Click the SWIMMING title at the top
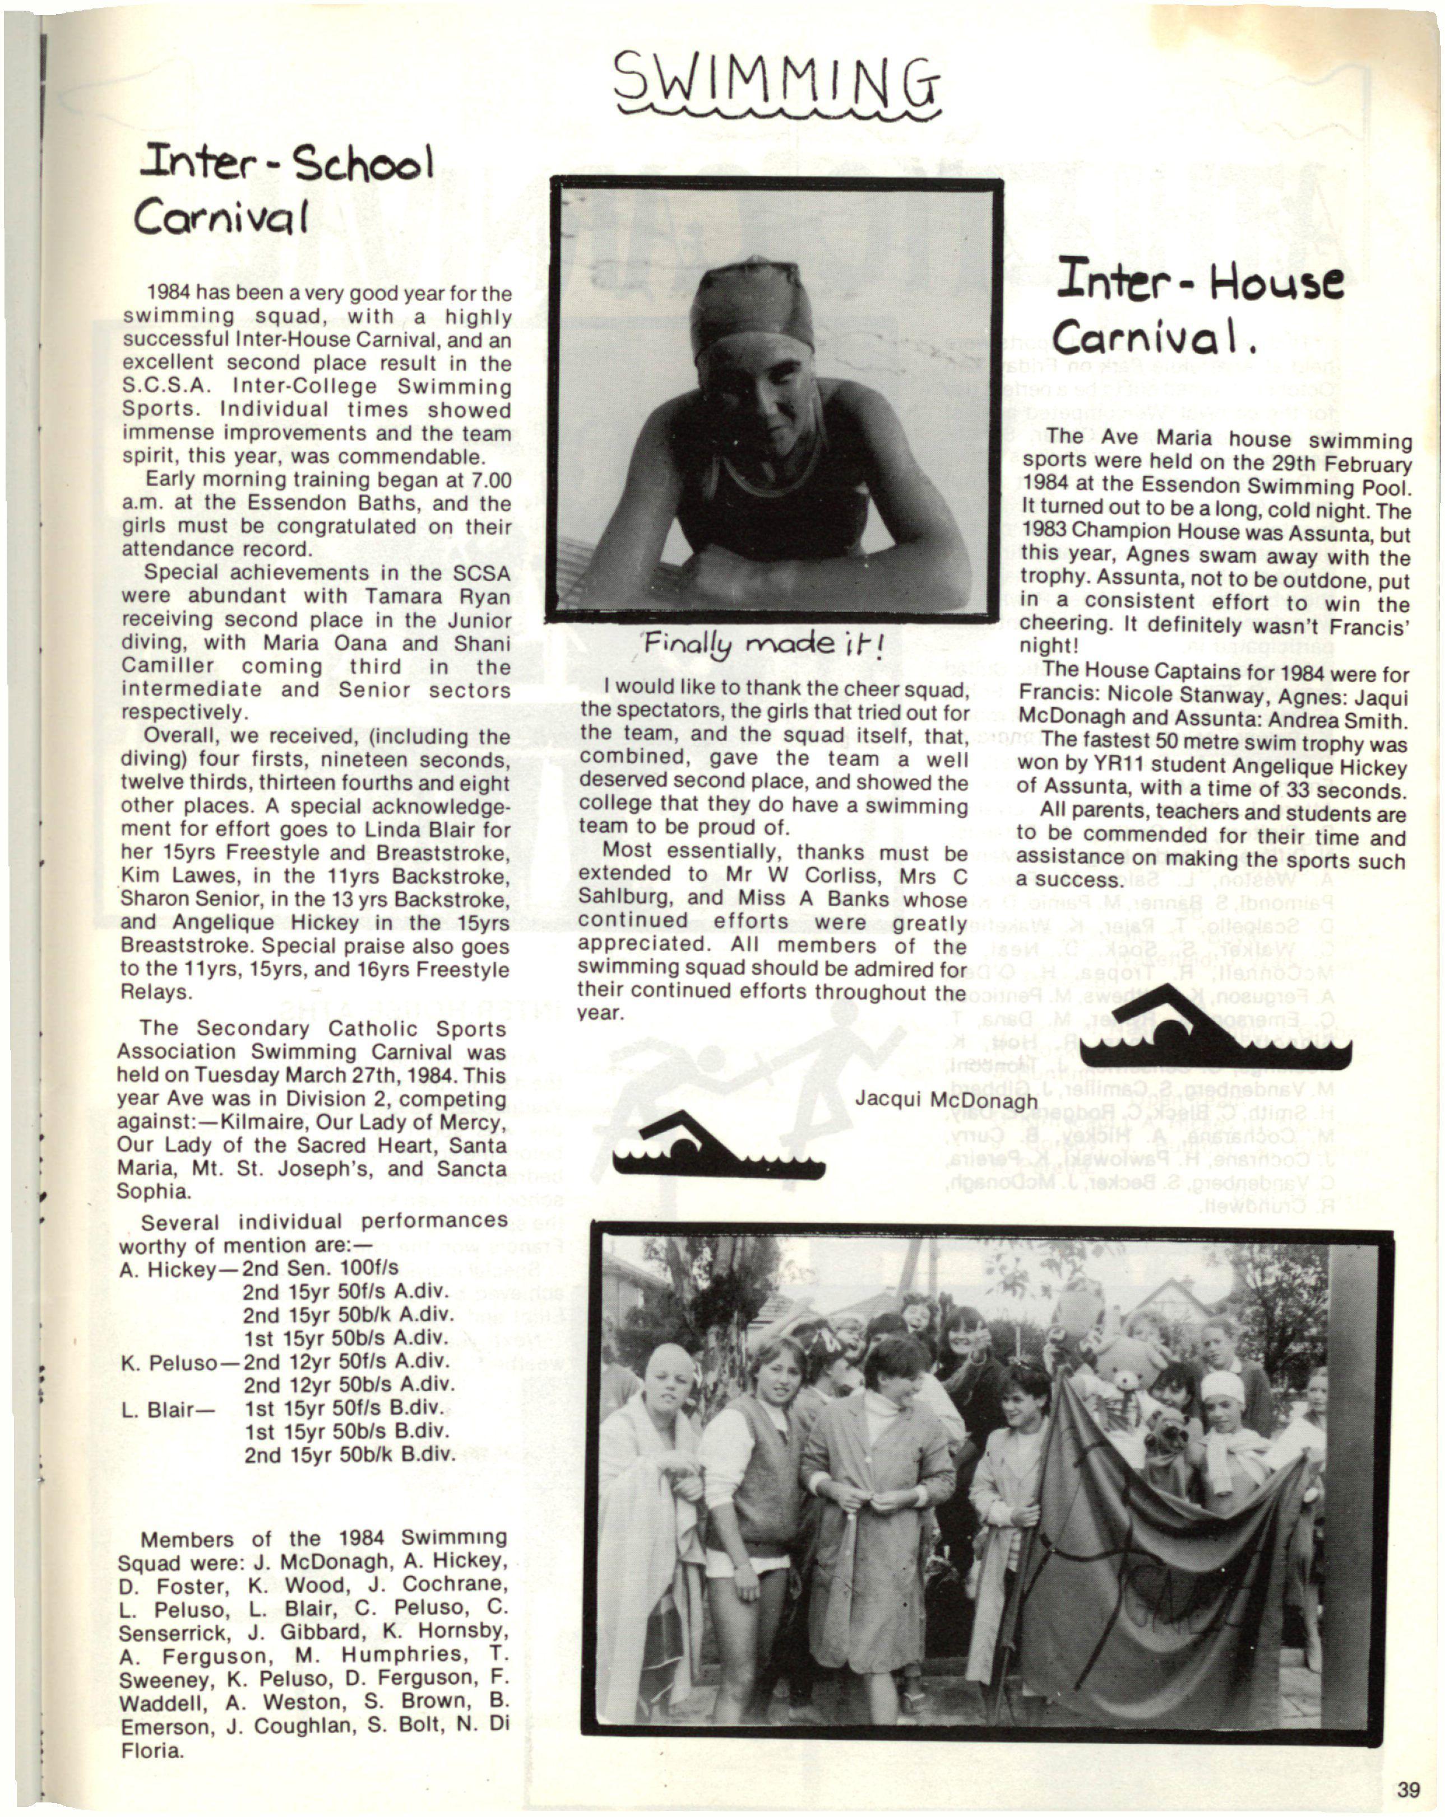pos(776,80)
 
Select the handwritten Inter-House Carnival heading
pos(1197,308)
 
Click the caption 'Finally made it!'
pos(763,647)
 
